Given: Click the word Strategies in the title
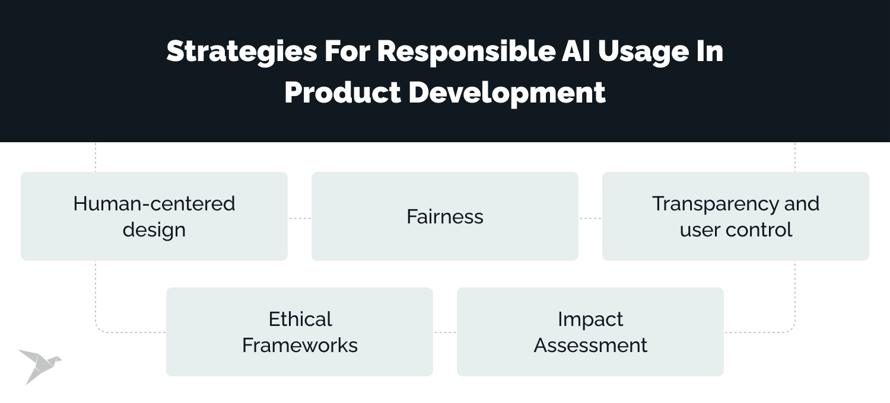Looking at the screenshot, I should pos(241,52).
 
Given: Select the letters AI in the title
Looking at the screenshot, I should pos(574,52).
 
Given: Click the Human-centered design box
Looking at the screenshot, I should pos(154,216).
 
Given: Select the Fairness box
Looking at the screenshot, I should pos(445,216).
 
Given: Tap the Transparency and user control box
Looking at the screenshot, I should pos(736,216).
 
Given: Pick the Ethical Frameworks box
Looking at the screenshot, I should pos(300,332).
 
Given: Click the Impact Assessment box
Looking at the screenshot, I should pos(590,332).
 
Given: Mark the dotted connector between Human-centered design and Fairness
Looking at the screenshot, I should pos(300,218).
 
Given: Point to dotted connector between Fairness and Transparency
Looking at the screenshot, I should pos(590,218).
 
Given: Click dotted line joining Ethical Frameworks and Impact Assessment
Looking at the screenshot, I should pos(445,332).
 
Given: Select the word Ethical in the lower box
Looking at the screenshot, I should pos(300,319).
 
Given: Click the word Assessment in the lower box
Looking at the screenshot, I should pos(590,345).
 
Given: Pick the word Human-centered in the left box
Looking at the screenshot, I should pos(154,203).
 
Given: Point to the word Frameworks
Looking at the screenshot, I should pos(300,345).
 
